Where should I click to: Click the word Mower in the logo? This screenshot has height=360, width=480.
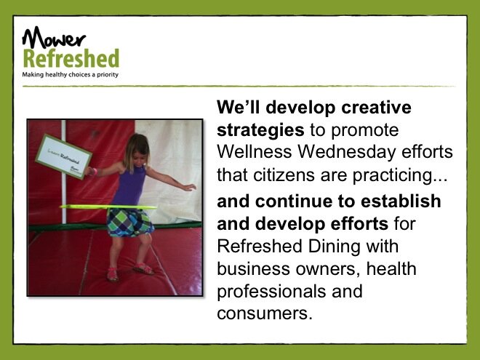point(54,37)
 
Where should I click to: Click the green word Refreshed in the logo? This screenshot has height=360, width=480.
point(71,58)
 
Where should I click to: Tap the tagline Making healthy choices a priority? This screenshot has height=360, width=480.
point(70,75)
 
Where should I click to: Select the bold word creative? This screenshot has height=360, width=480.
point(376,107)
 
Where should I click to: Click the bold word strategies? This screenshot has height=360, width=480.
point(260,130)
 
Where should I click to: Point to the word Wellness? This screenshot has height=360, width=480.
point(254,151)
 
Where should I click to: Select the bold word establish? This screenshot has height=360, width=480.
point(401,201)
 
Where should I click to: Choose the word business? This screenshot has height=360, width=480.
point(254,268)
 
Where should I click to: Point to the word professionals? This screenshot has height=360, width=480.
point(271,292)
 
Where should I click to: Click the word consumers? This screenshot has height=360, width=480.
point(265,313)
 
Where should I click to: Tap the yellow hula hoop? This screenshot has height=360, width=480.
point(108,207)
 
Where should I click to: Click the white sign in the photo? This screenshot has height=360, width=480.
point(64,156)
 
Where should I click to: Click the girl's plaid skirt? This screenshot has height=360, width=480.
point(130,223)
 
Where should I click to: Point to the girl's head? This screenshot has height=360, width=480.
point(137,149)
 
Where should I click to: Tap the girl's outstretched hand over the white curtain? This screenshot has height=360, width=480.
point(190,187)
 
